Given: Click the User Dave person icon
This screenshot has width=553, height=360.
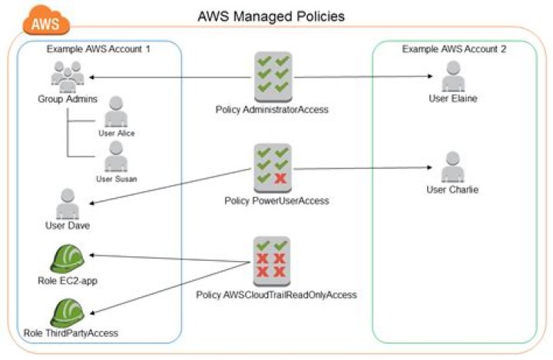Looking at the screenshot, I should tap(65, 203).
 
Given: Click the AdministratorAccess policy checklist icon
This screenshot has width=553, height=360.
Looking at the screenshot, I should tap(272, 77).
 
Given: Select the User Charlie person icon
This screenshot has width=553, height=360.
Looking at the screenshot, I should tap(453, 166).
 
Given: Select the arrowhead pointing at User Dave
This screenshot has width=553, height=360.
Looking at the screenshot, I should tap(91, 204).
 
